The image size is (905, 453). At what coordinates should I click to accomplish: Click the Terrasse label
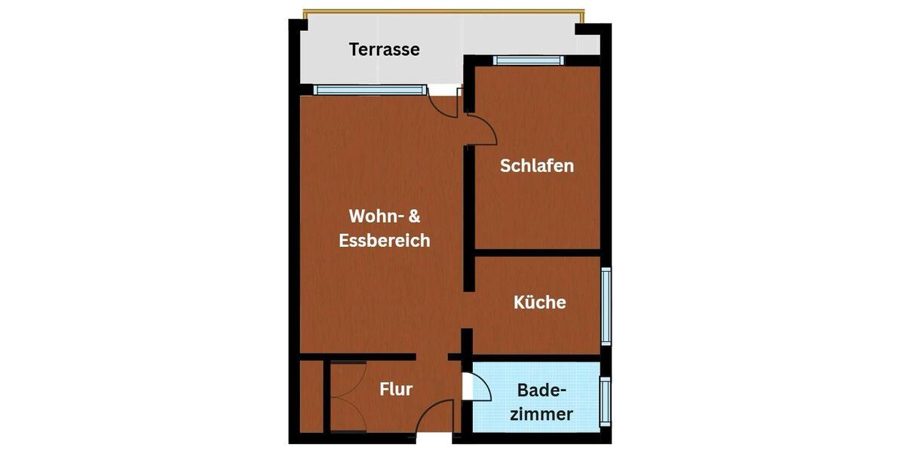(x=384, y=50)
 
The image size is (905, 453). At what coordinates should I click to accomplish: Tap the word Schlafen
(x=537, y=165)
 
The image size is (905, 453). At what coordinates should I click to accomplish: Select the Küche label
(x=539, y=302)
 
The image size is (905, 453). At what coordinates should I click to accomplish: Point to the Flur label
(x=396, y=390)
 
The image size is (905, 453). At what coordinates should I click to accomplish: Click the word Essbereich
(x=385, y=241)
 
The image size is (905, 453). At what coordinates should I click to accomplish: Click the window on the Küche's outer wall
(x=606, y=306)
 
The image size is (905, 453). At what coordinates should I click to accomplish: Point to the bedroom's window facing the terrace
(x=528, y=60)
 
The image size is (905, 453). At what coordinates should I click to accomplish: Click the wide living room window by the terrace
(x=370, y=90)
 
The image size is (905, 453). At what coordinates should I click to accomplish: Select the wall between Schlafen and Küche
(x=537, y=252)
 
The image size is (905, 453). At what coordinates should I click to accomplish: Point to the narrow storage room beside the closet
(x=311, y=397)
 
